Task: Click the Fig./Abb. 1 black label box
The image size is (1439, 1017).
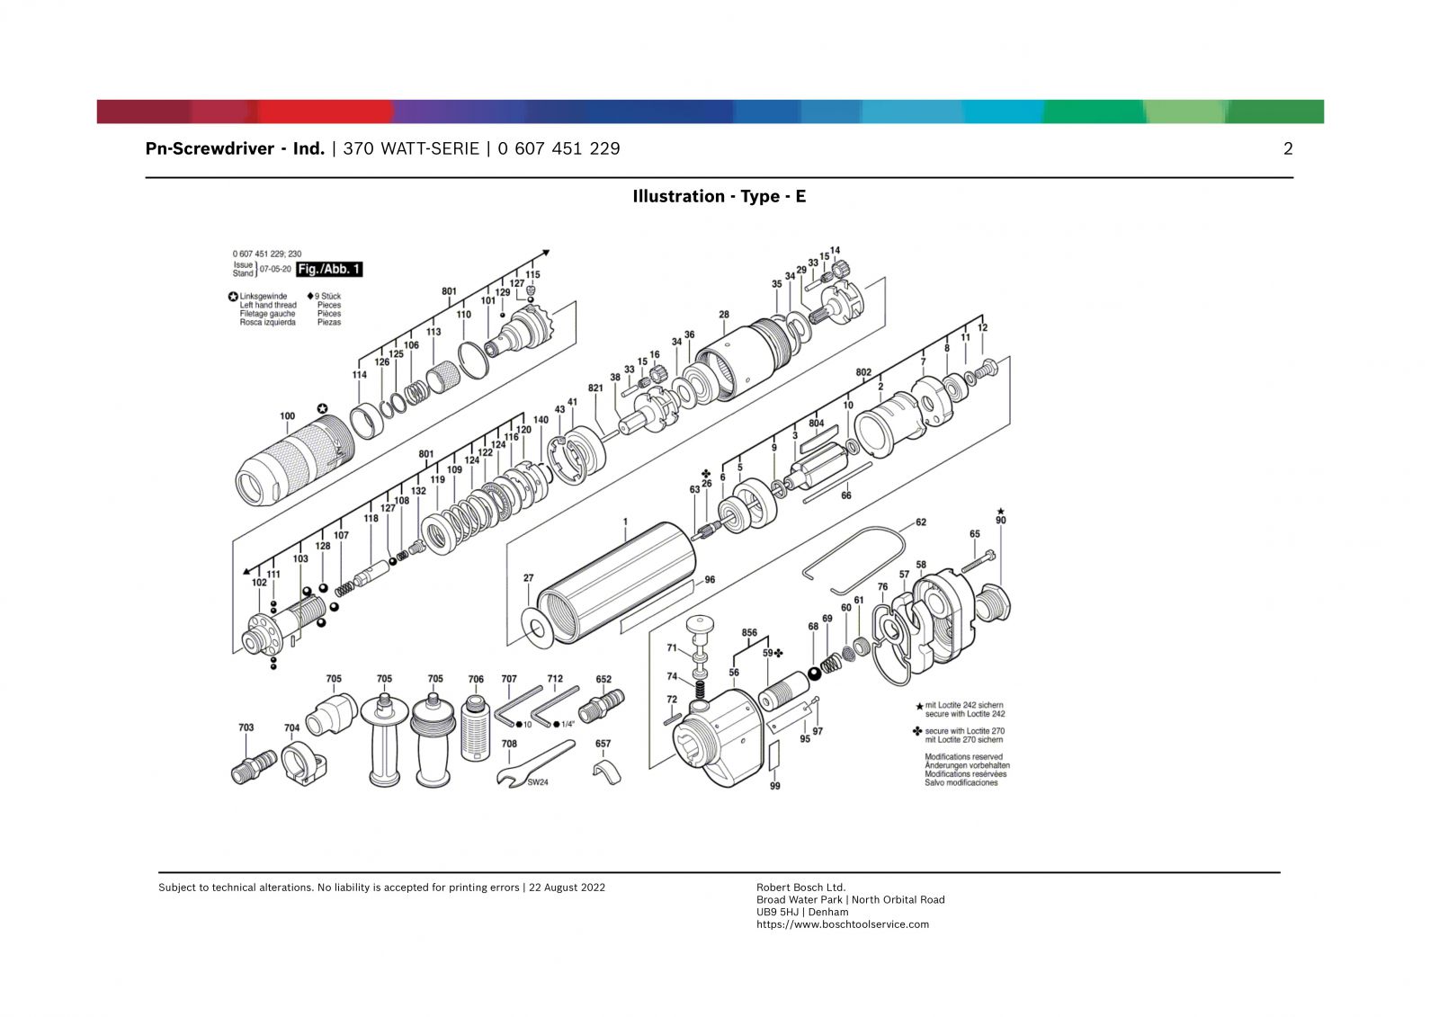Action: click(329, 269)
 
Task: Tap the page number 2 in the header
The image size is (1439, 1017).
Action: click(1287, 149)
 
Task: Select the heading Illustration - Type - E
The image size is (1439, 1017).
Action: click(719, 196)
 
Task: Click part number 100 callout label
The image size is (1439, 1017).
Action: click(287, 416)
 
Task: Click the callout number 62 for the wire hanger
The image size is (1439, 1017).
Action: click(920, 522)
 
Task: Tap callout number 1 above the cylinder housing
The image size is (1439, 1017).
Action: click(625, 522)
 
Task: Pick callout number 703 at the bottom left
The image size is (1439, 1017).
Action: click(246, 727)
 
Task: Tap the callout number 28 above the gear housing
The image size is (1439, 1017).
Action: click(724, 315)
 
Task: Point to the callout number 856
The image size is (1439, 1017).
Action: click(749, 633)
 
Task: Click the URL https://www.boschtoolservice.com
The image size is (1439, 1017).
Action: click(842, 924)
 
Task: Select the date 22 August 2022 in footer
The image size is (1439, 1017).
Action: click(567, 888)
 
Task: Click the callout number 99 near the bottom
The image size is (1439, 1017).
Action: click(774, 786)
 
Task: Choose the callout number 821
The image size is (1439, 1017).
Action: click(595, 388)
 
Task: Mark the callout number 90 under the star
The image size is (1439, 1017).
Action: click(1001, 521)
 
